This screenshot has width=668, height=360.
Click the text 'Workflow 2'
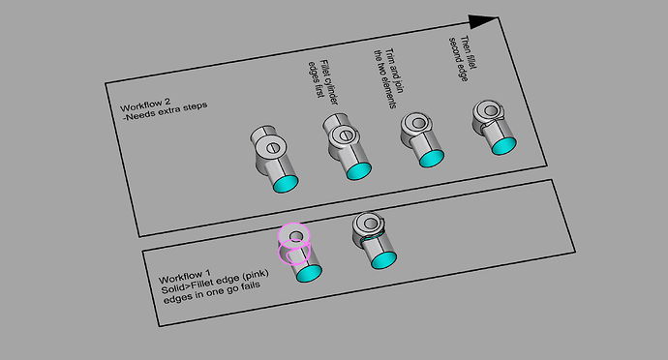pyautogui.click(x=145, y=105)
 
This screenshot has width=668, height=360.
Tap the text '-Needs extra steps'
pyautogui.click(x=165, y=111)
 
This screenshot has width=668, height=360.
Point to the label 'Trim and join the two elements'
pyautogui.click(x=389, y=78)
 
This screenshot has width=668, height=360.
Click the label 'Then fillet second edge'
pyautogui.click(x=463, y=58)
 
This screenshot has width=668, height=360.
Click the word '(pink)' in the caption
pyautogui.click(x=255, y=274)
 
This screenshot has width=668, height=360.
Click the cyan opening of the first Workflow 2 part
pyautogui.click(x=285, y=184)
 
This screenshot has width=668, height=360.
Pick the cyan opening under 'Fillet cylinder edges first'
pyautogui.click(x=358, y=171)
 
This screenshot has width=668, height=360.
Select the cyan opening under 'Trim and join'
pyautogui.click(x=432, y=158)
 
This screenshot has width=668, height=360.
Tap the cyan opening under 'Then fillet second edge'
pyautogui.click(x=504, y=146)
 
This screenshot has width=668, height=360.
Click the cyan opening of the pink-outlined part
pyautogui.click(x=309, y=273)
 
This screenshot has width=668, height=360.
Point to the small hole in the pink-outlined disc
pyautogui.click(x=296, y=235)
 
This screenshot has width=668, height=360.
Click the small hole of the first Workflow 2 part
pyautogui.click(x=273, y=148)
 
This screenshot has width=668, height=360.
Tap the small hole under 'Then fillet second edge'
pyautogui.click(x=491, y=110)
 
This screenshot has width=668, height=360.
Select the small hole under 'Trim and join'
pyautogui.click(x=419, y=123)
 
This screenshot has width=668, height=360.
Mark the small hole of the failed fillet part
pyautogui.click(x=371, y=224)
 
